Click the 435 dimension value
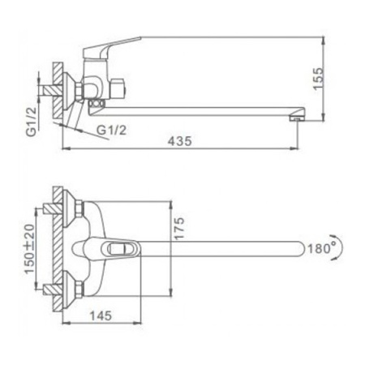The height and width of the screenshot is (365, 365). pyautogui.click(x=180, y=140)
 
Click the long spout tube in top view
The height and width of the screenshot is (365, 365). pyautogui.click(x=219, y=248)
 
